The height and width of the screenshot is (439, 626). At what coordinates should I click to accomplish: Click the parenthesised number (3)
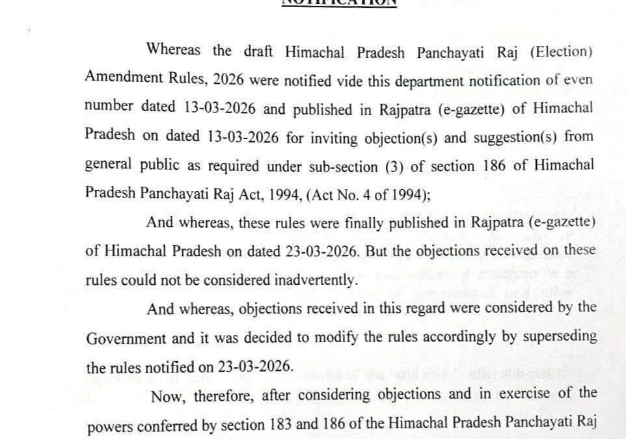(392, 166)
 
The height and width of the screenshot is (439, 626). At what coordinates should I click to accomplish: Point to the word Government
(122, 338)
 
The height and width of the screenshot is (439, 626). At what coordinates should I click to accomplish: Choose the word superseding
(556, 338)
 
